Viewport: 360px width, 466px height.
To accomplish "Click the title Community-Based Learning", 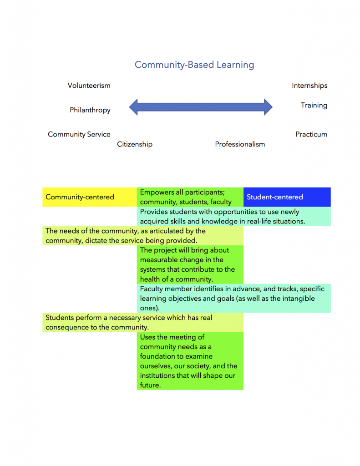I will coord(194,65).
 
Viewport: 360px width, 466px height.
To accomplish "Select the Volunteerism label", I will coord(89,86).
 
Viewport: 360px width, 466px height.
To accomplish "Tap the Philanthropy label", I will coord(90,110).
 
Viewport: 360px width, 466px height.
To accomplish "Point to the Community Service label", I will coord(79,134).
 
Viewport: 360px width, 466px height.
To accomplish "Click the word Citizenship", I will coord(135,144).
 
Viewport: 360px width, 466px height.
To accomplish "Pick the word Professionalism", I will coord(240,144).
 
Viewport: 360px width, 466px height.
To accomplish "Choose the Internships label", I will coord(309,86).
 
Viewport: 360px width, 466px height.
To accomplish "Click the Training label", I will coord(314,105).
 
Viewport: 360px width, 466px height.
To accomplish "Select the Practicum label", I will coord(311,134).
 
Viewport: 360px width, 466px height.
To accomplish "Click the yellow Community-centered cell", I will coord(80,197).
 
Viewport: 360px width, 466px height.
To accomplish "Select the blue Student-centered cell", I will coord(275,197).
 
